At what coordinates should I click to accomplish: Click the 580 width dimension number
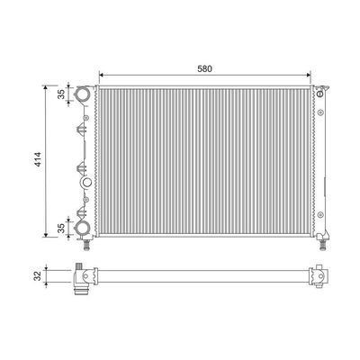(204, 68)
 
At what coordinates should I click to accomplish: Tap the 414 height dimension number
(38, 159)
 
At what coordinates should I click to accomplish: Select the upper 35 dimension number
(61, 94)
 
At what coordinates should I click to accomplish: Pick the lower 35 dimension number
(61, 229)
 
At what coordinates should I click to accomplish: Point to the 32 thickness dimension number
(37, 276)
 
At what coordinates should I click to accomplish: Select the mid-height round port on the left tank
(86, 183)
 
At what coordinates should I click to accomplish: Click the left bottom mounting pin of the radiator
(86, 245)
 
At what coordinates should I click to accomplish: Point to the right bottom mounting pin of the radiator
(323, 245)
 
